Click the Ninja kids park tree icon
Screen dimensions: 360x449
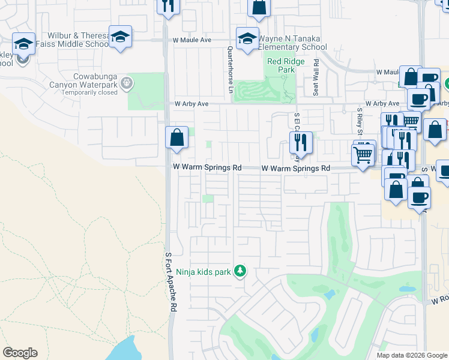point(240,272)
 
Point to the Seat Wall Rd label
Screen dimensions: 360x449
point(316,78)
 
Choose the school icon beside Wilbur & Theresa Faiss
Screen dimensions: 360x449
point(120,37)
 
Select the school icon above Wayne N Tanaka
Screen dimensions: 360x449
point(247,39)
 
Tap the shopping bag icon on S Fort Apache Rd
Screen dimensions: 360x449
point(176,137)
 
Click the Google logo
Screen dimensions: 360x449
point(20,353)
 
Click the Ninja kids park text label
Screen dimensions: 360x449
point(203,272)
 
